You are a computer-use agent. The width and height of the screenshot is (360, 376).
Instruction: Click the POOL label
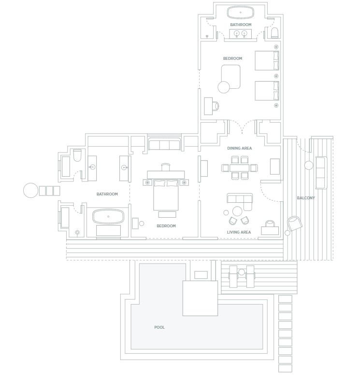point(159,327)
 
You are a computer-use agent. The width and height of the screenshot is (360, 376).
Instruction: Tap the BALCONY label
point(306,198)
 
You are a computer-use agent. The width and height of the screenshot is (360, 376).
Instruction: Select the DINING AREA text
point(240,148)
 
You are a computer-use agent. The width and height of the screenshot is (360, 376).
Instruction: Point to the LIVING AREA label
point(239,232)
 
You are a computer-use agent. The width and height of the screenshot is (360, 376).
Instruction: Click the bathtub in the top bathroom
point(241,13)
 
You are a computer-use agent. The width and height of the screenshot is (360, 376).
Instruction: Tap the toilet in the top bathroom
point(274,33)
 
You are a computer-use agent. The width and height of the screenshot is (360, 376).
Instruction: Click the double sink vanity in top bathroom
point(241,34)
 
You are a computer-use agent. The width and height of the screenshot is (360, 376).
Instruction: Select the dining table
point(240,168)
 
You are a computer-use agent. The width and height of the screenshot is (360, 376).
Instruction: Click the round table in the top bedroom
point(224,87)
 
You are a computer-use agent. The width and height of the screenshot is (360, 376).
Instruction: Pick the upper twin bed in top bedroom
point(267,60)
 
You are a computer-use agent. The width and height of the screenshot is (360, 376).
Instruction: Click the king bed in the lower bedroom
point(166,195)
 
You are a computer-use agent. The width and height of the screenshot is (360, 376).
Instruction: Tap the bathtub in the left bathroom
point(108,217)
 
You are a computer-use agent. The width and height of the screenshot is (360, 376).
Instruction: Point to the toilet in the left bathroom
point(77,155)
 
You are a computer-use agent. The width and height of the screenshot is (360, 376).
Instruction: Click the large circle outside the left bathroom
point(31,190)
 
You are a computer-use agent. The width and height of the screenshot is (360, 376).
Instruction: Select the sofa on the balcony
point(321,173)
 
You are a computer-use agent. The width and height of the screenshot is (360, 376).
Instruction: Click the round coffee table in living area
point(237,211)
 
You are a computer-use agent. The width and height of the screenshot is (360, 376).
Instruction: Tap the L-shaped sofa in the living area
point(240,201)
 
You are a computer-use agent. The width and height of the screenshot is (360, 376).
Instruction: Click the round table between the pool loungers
point(242,272)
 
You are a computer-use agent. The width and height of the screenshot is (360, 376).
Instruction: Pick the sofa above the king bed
point(164,144)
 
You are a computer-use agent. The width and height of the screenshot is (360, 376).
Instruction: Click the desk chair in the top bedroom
point(216,106)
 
